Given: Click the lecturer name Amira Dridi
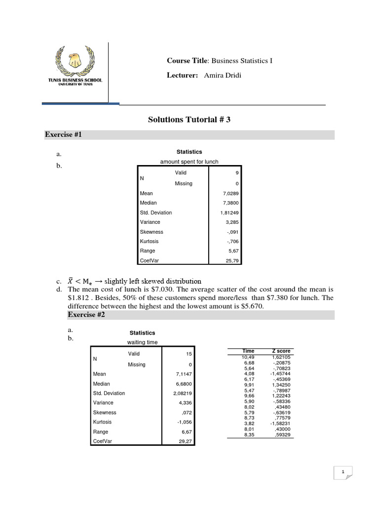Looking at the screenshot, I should [x=222, y=75].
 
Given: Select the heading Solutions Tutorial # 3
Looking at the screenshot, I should [x=189, y=120].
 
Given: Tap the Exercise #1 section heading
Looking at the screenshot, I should [x=63, y=134].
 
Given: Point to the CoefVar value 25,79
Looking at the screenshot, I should [x=231, y=261].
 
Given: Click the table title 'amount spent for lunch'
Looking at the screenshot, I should [x=189, y=162].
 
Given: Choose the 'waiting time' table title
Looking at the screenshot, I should [x=142, y=342].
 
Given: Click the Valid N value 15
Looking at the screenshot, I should [x=189, y=354].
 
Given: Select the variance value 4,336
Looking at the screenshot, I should [x=185, y=403].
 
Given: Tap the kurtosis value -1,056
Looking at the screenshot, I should [x=184, y=422].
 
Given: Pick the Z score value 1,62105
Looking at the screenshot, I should [x=281, y=357].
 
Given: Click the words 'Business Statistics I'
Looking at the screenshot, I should [x=242, y=61].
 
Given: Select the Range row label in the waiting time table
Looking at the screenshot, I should [x=100, y=432].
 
